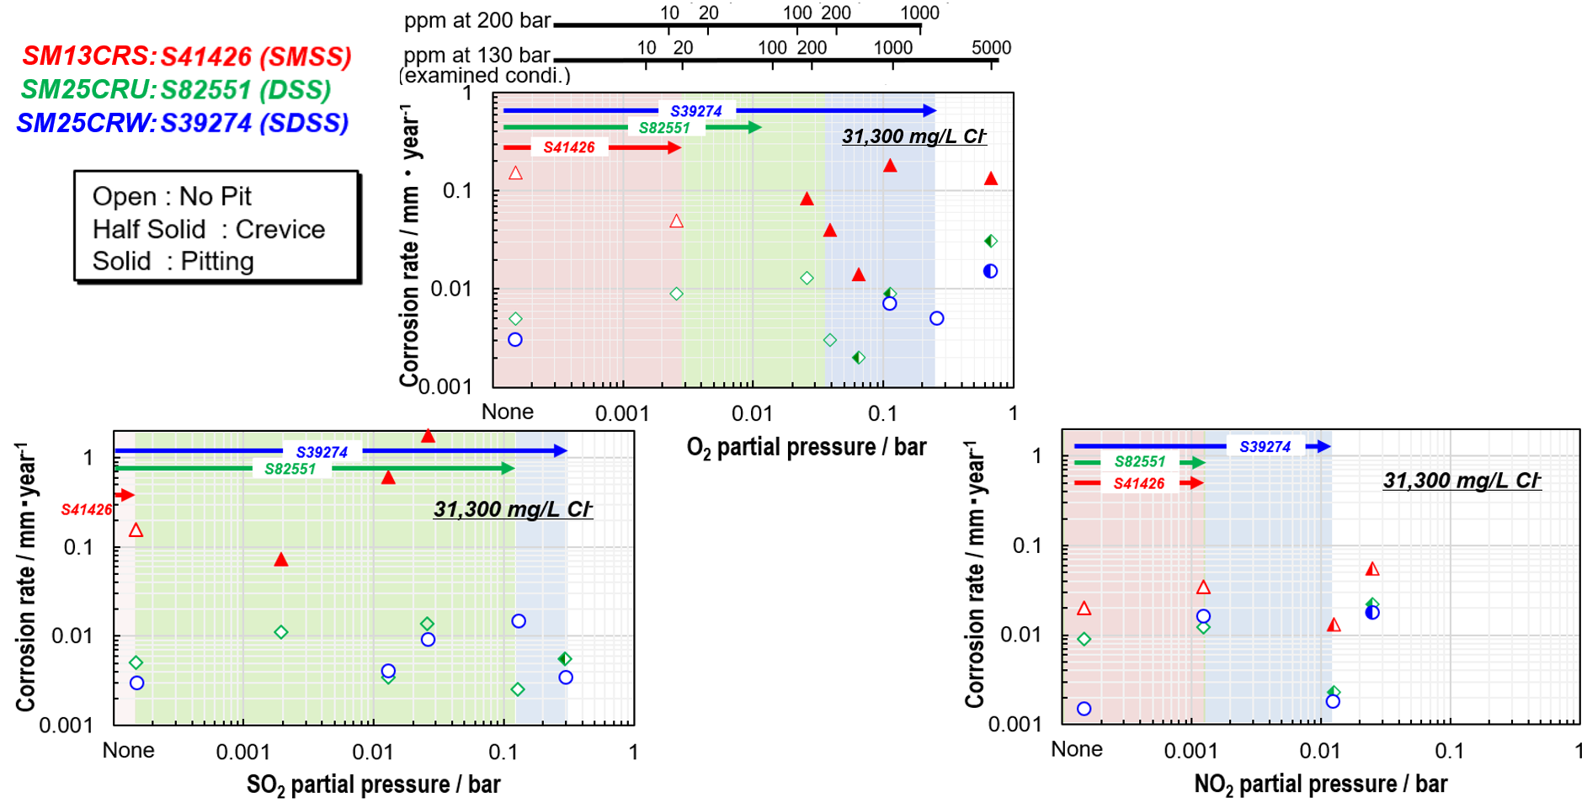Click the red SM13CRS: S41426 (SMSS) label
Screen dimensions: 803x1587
[x=186, y=56]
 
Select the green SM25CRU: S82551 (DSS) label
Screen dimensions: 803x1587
[x=175, y=89]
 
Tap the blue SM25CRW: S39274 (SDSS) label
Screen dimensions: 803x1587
[x=182, y=123]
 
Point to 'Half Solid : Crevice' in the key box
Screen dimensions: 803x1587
[x=208, y=229]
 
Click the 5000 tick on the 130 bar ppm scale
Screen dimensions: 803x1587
[x=991, y=48]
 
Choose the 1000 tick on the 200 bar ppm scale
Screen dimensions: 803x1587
[x=919, y=13]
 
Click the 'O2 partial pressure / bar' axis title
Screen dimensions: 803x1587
[x=806, y=448]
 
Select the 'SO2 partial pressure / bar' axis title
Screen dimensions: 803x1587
[x=373, y=785]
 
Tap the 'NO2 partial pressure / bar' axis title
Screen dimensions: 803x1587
[x=1320, y=784]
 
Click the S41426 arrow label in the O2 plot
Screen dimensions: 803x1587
[x=569, y=147]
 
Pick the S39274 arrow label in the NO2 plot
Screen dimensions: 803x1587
[x=1265, y=447]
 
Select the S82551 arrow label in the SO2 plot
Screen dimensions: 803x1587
[x=290, y=469]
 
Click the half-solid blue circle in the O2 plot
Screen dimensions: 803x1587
[x=990, y=271]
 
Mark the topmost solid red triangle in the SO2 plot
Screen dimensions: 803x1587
[x=428, y=436]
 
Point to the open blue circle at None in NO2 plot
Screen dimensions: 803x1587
[x=1084, y=709]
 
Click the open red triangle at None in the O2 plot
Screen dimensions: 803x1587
[x=515, y=173]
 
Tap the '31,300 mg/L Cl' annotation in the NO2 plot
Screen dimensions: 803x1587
[x=1461, y=481]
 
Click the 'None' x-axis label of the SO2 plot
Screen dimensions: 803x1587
[x=128, y=750]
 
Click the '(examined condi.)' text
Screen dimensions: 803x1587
[x=485, y=76]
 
